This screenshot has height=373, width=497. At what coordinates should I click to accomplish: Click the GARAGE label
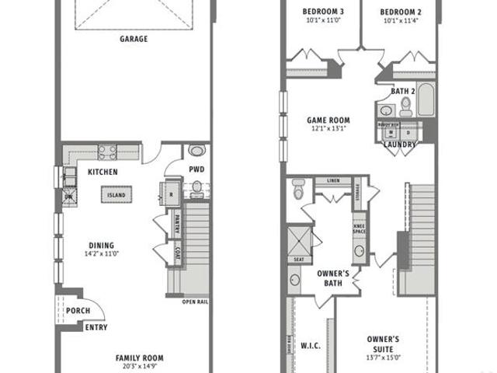point(134,38)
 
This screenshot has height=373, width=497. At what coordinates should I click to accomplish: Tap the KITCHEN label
point(103,172)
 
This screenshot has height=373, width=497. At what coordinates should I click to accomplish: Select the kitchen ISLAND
point(116,194)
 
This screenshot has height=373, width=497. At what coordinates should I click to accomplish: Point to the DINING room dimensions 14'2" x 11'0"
point(101,253)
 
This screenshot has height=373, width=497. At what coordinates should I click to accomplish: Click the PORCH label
point(78,311)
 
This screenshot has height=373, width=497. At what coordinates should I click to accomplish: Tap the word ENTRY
point(96,327)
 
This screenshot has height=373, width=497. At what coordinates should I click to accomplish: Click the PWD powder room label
point(197,169)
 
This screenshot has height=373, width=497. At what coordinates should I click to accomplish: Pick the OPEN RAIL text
point(194,302)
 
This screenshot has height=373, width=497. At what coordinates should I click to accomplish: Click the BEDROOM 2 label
point(401,12)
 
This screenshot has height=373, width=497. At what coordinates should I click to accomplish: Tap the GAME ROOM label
point(328,120)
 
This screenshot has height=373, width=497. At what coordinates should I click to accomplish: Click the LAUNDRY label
point(400,145)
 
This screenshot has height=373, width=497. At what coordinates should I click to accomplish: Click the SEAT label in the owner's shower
point(298,260)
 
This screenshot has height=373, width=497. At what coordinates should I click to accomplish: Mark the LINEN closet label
point(334,181)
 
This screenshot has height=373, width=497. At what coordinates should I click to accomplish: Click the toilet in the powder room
point(197,185)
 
